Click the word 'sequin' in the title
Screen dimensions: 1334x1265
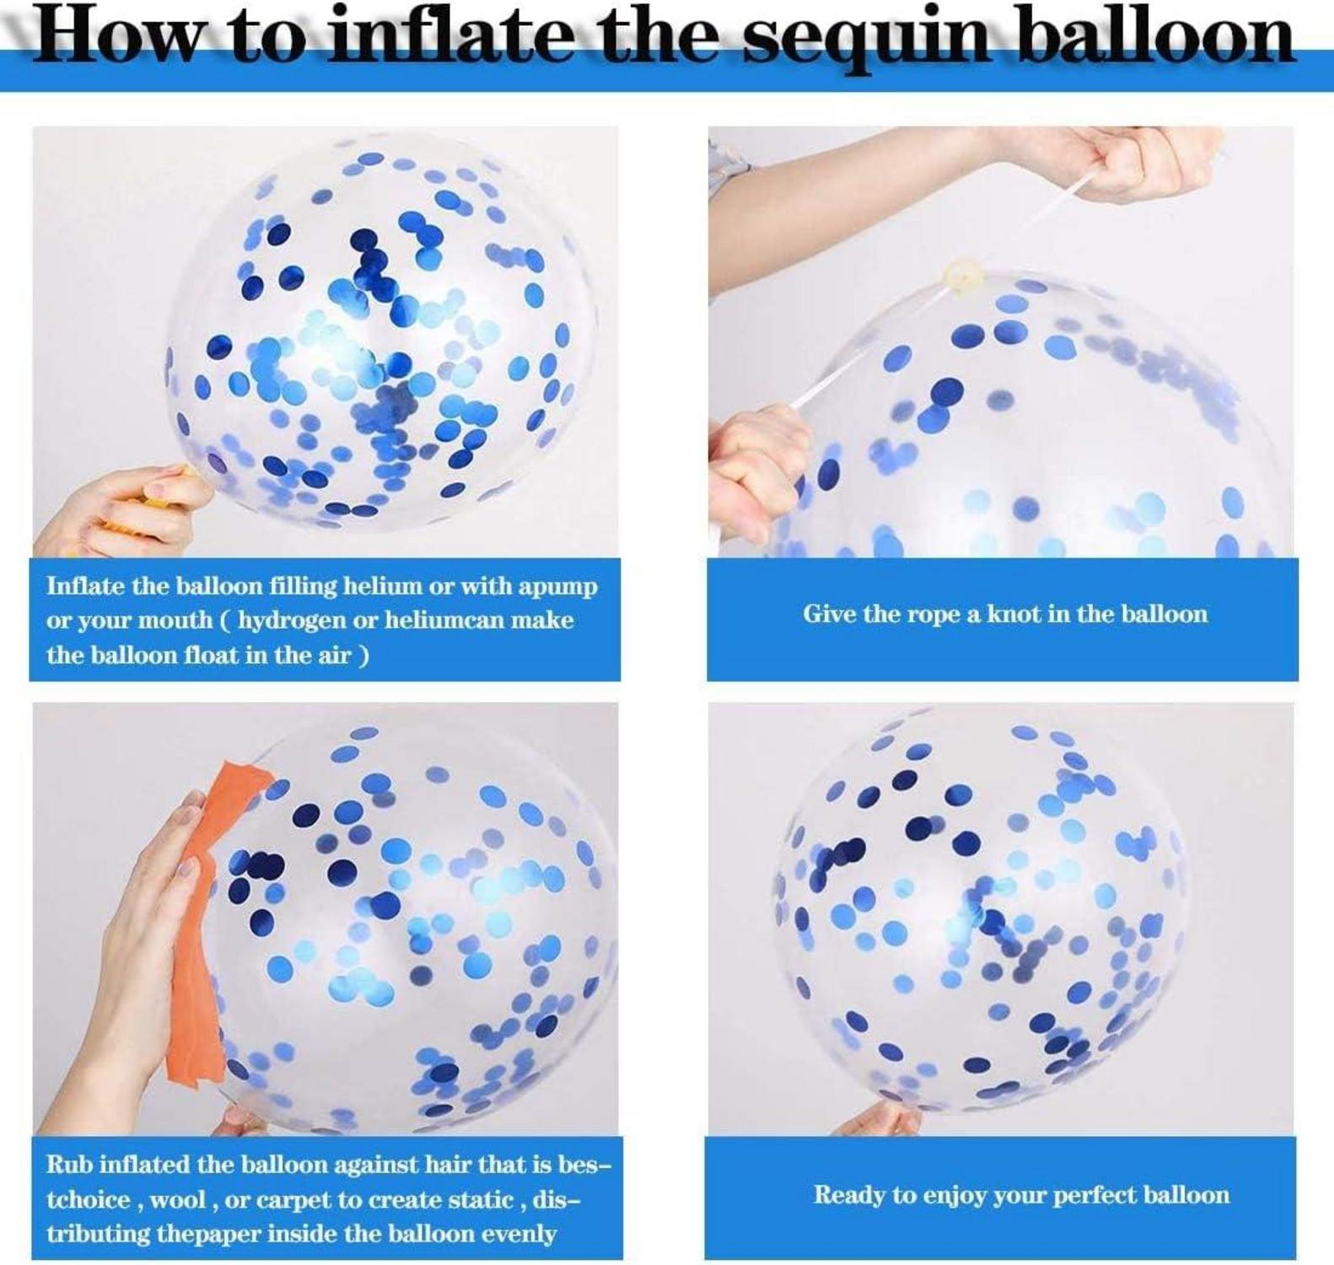[x=865, y=39]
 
